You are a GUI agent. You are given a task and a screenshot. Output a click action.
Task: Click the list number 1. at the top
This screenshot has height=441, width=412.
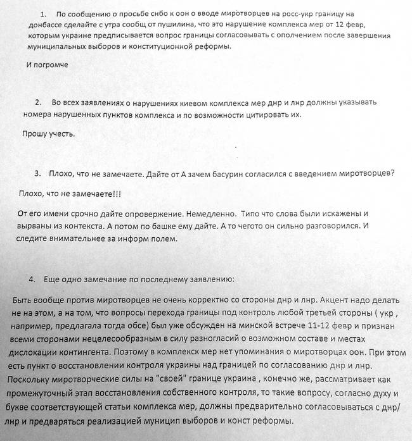click(43, 14)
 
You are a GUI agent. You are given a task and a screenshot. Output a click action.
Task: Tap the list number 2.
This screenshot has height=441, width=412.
click(38, 102)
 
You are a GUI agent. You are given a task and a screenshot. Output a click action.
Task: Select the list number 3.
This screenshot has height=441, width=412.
click(38, 173)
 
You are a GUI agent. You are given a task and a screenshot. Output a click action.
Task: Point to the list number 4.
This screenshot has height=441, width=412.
click(32, 279)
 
